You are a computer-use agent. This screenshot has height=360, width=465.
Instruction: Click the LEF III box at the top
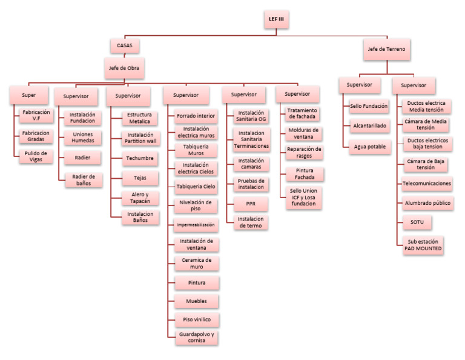point(275,19)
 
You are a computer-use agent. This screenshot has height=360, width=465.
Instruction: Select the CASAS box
point(124,45)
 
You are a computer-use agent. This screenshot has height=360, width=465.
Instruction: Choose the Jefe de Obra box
point(124,68)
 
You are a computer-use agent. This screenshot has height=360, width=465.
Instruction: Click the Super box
point(28,95)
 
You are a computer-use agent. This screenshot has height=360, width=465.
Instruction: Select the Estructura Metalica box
point(139,118)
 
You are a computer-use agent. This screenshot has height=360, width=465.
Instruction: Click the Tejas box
point(139,179)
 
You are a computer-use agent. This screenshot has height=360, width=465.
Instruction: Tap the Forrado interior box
point(195,115)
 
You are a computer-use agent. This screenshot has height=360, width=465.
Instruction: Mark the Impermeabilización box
point(195,224)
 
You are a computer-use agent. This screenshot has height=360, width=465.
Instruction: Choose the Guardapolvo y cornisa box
point(195,338)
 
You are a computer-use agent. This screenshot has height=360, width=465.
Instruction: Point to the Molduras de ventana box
point(305,133)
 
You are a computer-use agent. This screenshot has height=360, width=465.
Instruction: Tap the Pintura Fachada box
point(305,174)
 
